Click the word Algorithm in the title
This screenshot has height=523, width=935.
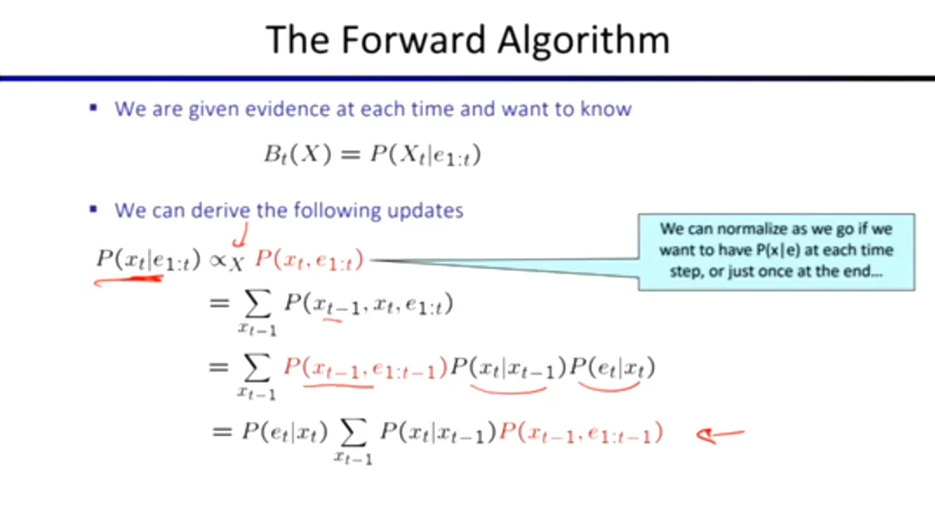coord(584,41)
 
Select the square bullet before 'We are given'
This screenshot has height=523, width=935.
coord(93,108)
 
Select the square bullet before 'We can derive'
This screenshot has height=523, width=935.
coord(93,210)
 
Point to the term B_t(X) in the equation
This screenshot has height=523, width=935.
coord(297,155)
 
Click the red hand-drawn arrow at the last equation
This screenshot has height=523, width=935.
coord(720,435)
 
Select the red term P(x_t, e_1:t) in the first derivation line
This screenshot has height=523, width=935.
coord(309,260)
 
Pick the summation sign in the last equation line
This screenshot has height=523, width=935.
coord(353,432)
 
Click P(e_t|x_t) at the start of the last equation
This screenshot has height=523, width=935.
coord(284,432)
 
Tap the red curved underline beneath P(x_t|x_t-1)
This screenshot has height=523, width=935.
coord(508,390)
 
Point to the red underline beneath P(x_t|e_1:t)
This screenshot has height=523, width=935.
coord(128,279)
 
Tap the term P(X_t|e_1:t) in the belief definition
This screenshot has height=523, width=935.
coord(425,155)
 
